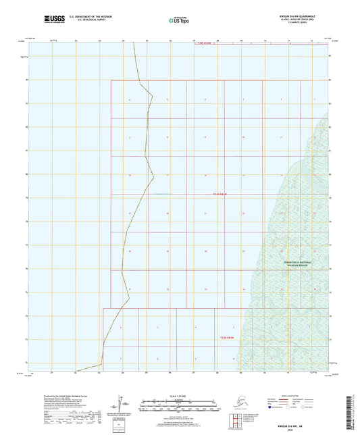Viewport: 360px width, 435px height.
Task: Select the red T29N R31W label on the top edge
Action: [206, 43]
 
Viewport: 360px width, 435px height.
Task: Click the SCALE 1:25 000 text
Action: [177, 396]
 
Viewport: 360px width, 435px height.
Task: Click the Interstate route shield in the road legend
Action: [272, 408]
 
